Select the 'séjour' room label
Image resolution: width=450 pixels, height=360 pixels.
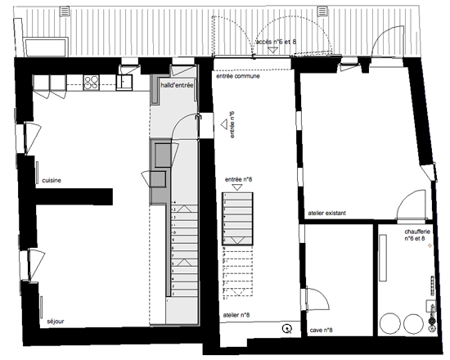(x=55, y=322)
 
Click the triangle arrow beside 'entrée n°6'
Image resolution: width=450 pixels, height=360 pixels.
(x=223, y=125)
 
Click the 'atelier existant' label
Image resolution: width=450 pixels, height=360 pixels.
(x=326, y=214)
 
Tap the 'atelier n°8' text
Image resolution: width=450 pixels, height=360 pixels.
(x=236, y=313)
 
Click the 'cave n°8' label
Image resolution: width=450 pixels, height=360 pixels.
(x=320, y=330)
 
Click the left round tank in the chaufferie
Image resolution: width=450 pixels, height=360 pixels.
(x=391, y=322)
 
